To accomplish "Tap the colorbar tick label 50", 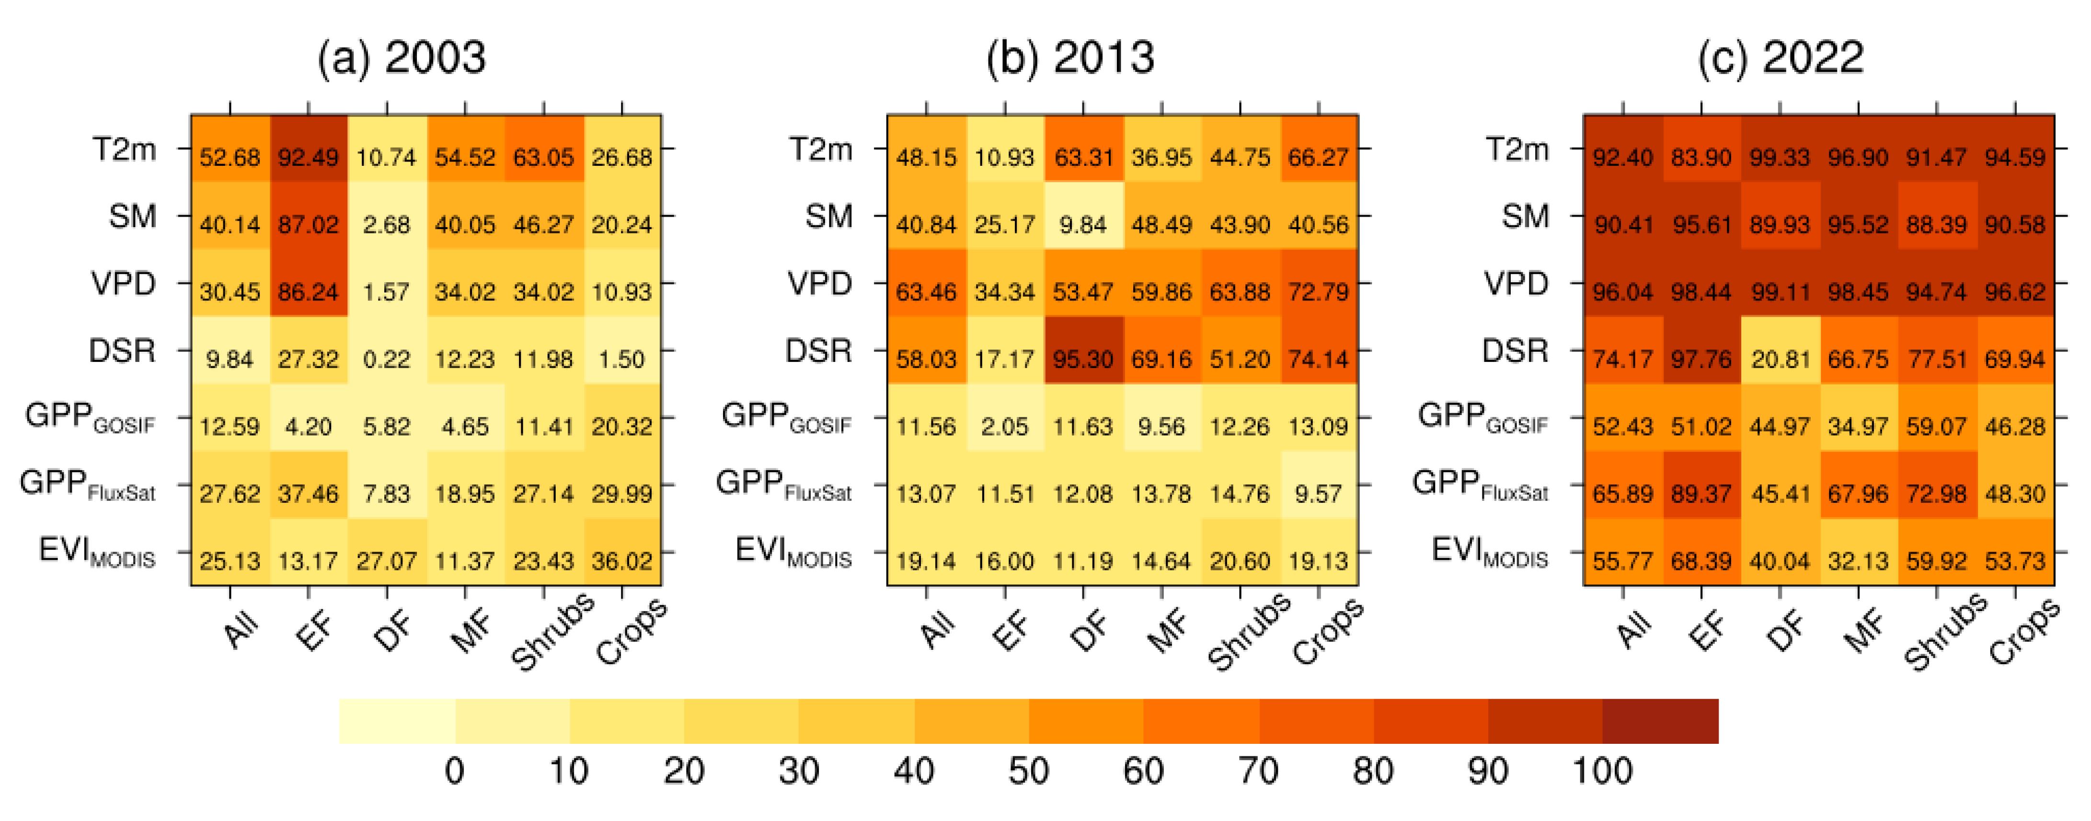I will pyautogui.click(x=1028, y=770).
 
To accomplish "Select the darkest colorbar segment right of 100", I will pyautogui.click(x=1660, y=721).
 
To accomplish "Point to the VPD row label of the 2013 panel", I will pyautogui.click(x=820, y=283).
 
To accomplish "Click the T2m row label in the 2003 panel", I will pyautogui.click(x=124, y=150).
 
